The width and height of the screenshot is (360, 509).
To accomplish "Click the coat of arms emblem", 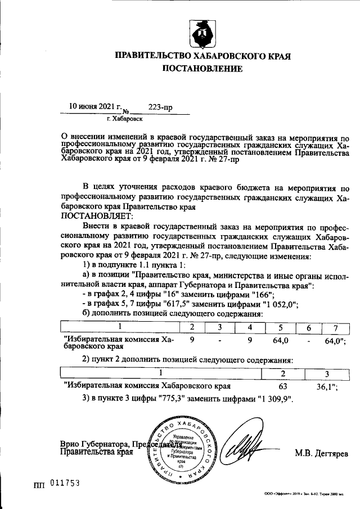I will (x=202, y=34).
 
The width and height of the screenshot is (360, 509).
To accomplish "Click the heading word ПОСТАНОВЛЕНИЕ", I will (x=202, y=69).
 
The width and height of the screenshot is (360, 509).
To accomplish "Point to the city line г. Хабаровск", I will (x=124, y=119).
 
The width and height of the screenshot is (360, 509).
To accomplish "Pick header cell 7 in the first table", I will (x=335, y=328).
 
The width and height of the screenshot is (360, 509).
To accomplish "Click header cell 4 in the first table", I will (x=249, y=328).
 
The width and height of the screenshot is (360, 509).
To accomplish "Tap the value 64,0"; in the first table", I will (x=335, y=341).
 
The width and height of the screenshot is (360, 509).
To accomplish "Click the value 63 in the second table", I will (x=283, y=386).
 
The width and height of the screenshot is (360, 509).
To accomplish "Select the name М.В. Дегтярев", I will (x=321, y=453).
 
